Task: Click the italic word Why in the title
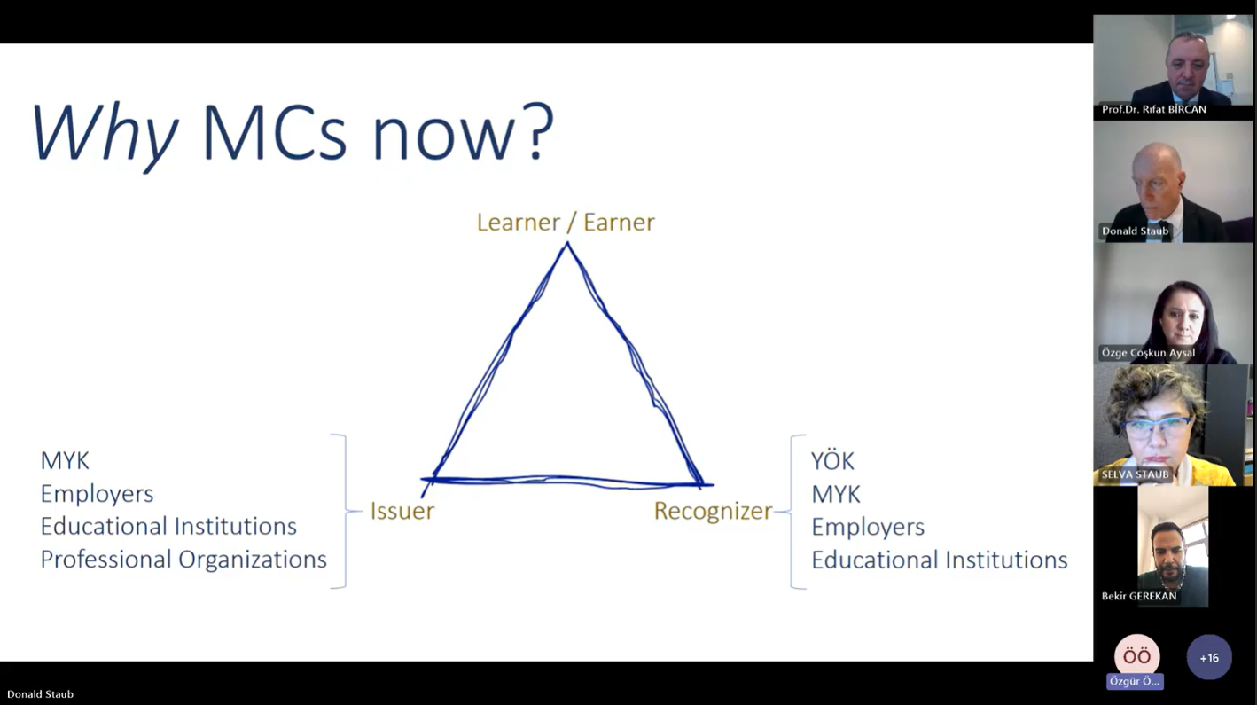105,136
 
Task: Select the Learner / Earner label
566,223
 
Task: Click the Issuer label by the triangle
402,511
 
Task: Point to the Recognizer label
713,512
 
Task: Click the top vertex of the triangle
567,243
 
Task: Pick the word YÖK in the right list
832,461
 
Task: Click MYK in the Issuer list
65,461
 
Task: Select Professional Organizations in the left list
183,560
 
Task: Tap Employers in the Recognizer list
868,527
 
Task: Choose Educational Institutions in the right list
940,560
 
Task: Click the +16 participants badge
1209,657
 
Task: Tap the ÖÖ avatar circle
1136,656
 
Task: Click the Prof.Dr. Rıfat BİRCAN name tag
1154,109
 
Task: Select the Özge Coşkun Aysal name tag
1148,353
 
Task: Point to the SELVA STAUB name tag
1135,474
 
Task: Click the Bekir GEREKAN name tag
1138,596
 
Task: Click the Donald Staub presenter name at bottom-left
40,694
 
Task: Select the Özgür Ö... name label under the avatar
1135,681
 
